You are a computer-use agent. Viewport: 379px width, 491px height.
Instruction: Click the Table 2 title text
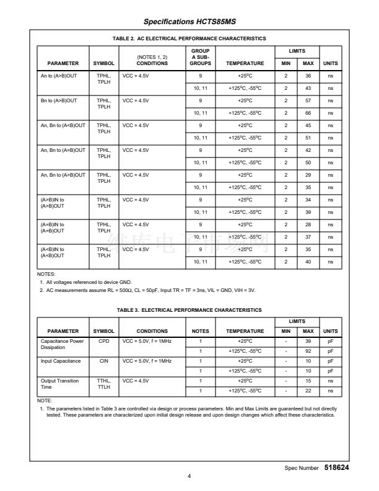189,38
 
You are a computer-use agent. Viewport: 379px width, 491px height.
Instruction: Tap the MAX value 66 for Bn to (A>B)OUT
308,113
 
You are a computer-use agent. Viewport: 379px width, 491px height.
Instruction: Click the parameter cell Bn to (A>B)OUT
59,100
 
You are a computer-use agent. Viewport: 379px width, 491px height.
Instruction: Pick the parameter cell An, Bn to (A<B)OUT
63,125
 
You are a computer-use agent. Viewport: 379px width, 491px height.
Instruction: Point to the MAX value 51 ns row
308,138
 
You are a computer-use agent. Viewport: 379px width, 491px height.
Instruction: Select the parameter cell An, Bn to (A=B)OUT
63,150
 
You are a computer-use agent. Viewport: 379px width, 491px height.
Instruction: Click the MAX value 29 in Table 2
308,175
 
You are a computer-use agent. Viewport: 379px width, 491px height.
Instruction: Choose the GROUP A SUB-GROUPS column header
201,57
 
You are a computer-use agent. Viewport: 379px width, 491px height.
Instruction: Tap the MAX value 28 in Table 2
308,224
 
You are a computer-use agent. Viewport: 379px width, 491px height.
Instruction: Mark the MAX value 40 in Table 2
308,262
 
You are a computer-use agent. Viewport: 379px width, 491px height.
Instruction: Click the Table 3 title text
189,309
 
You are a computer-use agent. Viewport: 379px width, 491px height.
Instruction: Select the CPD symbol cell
103,341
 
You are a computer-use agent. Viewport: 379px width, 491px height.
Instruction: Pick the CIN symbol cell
103,361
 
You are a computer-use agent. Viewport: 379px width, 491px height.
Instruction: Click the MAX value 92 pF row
308,351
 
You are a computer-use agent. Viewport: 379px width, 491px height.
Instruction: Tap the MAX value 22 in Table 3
308,391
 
